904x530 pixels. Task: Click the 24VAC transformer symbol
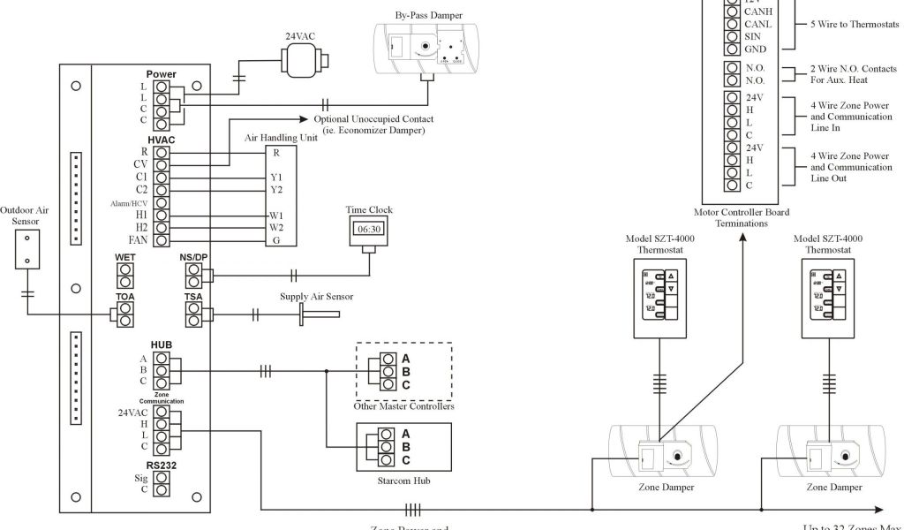point(304,61)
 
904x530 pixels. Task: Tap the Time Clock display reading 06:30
point(369,228)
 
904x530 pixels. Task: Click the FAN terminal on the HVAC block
point(162,240)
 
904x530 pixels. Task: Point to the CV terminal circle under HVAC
point(162,164)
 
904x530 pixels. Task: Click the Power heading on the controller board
point(162,74)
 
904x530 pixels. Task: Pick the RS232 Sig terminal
point(162,477)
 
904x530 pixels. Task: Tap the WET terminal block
point(125,270)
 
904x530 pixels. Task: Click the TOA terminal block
point(125,312)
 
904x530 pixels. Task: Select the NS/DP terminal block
point(193,274)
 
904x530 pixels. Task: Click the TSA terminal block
point(193,312)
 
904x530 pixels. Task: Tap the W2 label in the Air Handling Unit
point(275,227)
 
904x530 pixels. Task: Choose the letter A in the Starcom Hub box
point(405,434)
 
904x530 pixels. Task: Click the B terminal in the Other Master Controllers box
point(388,371)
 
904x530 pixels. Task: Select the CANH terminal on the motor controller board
point(731,11)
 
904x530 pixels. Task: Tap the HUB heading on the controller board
point(162,344)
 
